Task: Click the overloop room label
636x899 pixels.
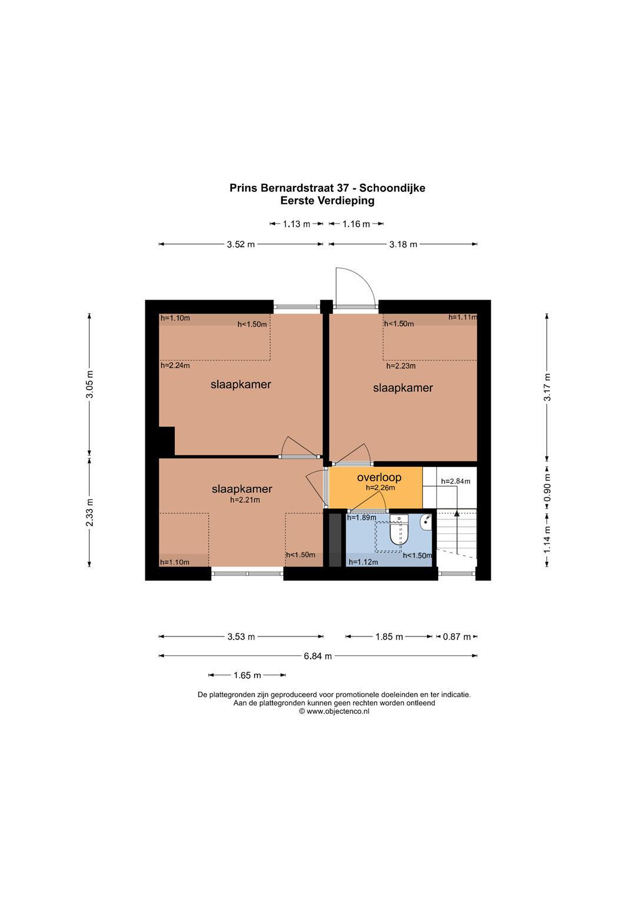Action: coord(379,478)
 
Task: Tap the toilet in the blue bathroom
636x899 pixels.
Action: coord(399,530)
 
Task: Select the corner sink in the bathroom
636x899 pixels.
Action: coord(426,522)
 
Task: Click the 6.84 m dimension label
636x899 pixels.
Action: coord(318,656)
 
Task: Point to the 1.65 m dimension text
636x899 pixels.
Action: coord(247,675)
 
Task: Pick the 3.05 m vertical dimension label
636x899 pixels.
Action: coord(90,384)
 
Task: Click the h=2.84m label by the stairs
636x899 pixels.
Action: coord(456,481)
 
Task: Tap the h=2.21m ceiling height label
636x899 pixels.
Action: coord(245,500)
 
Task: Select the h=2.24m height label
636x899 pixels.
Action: coord(175,366)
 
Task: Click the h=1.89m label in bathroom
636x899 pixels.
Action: coord(361,517)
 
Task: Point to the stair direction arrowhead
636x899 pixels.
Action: coord(456,513)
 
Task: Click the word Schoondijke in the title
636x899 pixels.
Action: coord(392,188)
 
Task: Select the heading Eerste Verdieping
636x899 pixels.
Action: coord(327,201)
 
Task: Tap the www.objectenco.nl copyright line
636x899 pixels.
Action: coord(334,711)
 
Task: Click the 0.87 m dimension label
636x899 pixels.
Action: coord(456,637)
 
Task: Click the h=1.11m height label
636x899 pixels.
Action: coord(463,317)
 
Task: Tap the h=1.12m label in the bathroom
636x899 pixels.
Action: coord(363,562)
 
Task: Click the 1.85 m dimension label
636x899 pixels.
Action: coord(389,637)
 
